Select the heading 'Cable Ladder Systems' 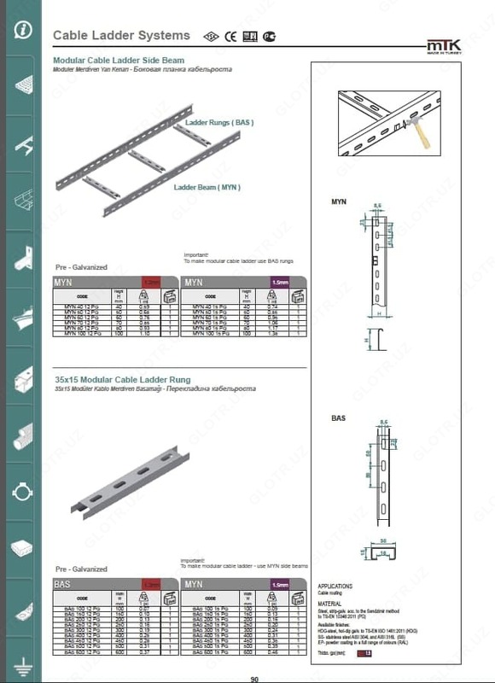[121, 36]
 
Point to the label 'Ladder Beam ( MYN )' [207, 187]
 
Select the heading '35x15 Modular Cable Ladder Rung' [122, 379]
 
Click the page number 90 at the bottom [253, 679]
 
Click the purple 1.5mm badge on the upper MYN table [279, 281]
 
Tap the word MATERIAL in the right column [329, 604]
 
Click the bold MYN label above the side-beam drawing [338, 202]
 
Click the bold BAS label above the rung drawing [337, 419]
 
